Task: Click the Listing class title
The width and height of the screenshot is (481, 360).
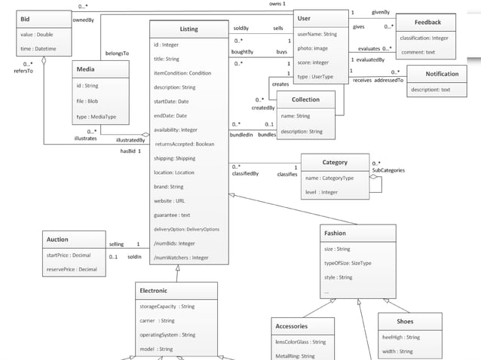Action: pos(188,29)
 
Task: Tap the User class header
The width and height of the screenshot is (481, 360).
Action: pos(304,18)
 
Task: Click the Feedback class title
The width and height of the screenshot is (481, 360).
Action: pos(427,23)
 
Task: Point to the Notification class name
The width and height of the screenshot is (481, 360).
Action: pos(442,74)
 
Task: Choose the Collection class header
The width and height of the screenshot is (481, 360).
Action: pos(305,99)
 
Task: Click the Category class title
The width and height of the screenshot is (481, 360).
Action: pos(335,163)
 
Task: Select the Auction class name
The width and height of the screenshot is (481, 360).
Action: pos(58,239)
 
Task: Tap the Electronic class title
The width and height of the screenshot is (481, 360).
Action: pos(153,290)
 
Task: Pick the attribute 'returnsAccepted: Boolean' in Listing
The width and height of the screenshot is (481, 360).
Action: pos(185,143)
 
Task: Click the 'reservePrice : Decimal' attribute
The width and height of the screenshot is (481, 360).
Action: pos(72,269)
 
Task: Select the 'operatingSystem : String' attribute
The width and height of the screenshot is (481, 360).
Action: pos(167,334)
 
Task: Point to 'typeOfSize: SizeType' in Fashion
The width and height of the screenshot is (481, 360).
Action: pos(348,263)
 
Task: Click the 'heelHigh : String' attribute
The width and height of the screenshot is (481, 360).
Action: pos(401,337)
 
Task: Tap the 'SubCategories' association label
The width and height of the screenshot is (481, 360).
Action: pos(388,170)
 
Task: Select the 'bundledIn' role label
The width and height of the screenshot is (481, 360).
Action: pos(242,135)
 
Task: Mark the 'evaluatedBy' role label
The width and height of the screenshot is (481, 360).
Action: pos(370,59)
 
